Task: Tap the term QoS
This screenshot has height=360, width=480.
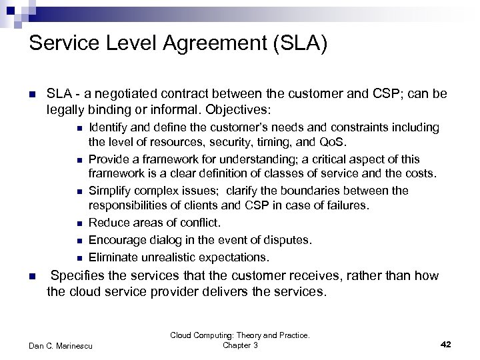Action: tap(333, 142)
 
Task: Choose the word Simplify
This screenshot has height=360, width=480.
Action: tap(110, 191)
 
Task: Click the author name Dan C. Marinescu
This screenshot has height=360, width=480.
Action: tap(61, 345)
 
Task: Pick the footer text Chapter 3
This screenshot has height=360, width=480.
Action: tap(240, 345)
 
